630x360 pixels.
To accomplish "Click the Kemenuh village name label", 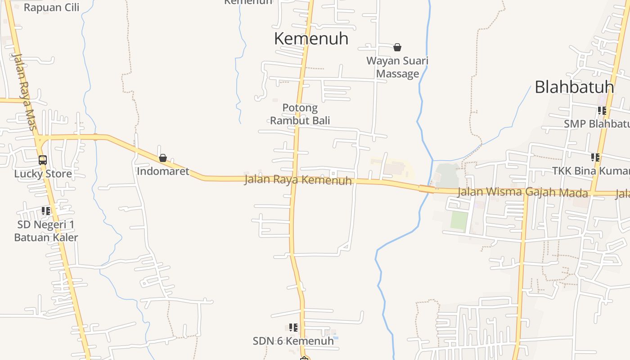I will click(x=311, y=39).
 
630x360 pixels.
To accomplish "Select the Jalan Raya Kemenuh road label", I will click(x=298, y=180).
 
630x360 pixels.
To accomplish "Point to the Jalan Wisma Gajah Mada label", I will click(x=522, y=193).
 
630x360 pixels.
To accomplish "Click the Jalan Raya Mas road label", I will click(x=24, y=92).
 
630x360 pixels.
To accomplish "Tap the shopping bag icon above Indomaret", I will click(x=162, y=158).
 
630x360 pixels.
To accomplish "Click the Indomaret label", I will click(x=163, y=171).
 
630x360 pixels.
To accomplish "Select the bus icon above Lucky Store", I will click(x=43, y=160).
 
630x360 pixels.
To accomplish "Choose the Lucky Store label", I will click(x=43, y=174).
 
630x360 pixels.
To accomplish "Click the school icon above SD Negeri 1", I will click(x=45, y=211).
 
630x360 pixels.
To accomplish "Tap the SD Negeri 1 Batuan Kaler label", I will click(x=46, y=231).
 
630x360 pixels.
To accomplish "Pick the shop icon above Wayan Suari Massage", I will click(x=397, y=47).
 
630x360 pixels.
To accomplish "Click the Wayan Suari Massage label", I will click(x=397, y=67).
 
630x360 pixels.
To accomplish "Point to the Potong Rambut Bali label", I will click(x=300, y=114).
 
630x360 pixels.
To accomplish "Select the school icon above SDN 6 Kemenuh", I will click(x=293, y=328).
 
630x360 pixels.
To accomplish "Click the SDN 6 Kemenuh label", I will click(x=293, y=341).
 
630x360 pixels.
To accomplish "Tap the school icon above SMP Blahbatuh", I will click(x=602, y=110).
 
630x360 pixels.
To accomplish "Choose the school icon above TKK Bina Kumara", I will click(x=595, y=157).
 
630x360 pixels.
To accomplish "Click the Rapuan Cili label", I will click(x=51, y=7).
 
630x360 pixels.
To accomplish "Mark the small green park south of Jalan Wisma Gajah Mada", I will click(x=459, y=220).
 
